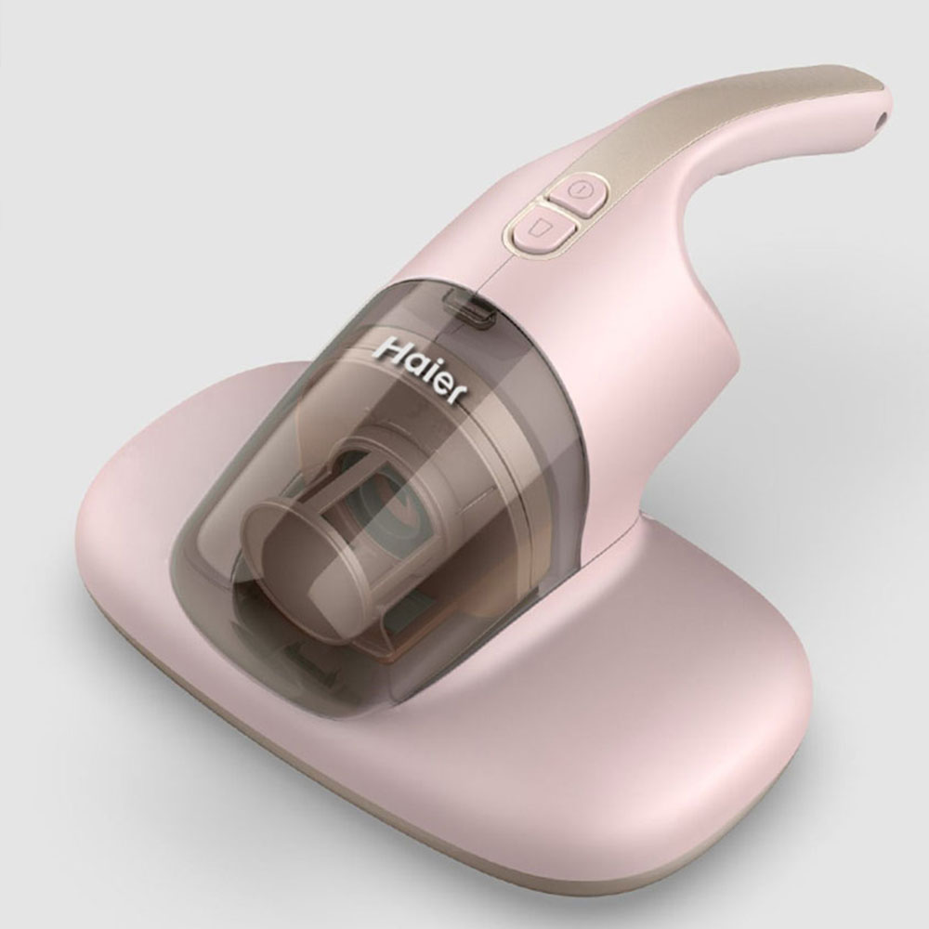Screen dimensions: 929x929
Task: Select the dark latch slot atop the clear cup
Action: click(471, 307)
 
